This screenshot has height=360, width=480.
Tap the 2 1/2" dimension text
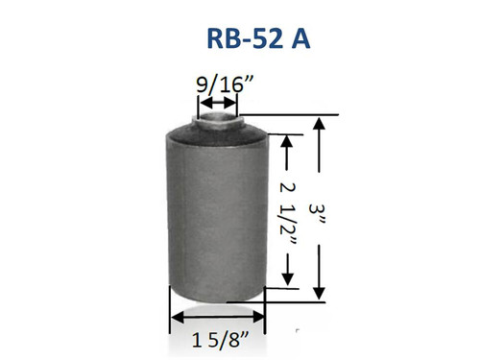[285, 210]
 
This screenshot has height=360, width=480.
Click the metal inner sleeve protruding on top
[217, 118]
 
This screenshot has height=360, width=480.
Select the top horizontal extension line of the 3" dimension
[298, 115]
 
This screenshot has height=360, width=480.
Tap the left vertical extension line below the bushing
[169, 307]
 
